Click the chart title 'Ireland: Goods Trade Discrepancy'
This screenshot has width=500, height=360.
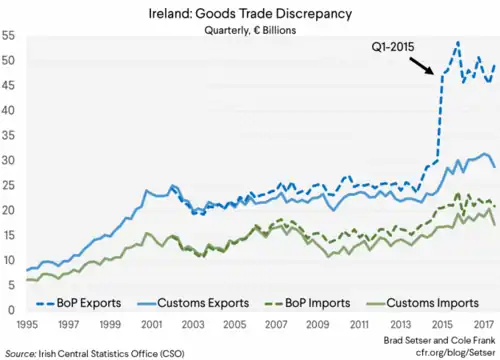coord(250,14)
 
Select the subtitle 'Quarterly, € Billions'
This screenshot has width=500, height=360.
coord(250,30)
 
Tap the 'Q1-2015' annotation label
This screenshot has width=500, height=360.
coord(393,47)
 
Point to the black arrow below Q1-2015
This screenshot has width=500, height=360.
coord(421,66)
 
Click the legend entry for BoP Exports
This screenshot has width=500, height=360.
coord(79,303)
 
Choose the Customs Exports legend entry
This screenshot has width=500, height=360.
coord(193,303)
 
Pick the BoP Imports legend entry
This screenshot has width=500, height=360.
coord(307,303)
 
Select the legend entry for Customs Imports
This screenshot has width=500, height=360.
coord(423,303)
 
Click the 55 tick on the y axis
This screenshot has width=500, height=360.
coord(8,35)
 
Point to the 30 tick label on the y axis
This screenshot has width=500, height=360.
coord(8,160)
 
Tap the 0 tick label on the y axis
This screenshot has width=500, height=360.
coord(12,310)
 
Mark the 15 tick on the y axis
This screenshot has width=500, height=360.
coord(8,235)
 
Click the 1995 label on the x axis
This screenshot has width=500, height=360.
coord(27,324)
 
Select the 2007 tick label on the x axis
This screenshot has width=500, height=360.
coord(276,324)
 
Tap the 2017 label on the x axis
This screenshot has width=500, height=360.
coord(483,324)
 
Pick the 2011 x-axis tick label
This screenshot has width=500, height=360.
coord(359,324)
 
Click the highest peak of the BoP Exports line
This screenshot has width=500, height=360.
coord(458,42)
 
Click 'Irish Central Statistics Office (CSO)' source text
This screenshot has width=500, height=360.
coord(112,353)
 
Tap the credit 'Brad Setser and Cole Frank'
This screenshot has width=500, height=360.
coord(439,340)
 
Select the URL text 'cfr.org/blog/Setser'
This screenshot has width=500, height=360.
coord(455,352)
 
